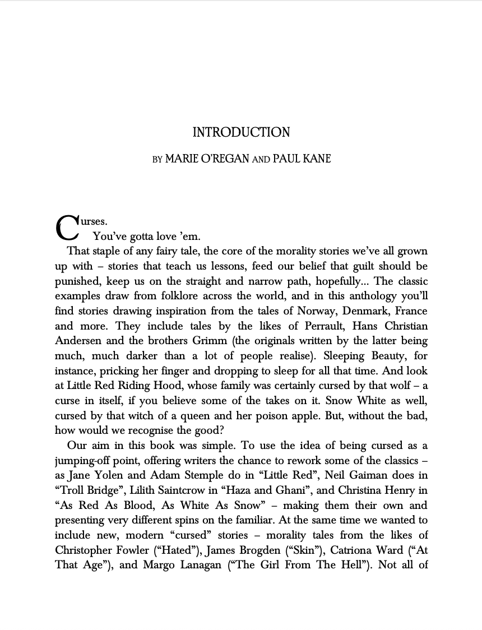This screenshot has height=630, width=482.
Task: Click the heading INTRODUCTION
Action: click(241, 133)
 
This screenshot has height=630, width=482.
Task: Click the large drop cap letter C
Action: click(66, 227)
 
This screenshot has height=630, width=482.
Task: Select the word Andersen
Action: click(78, 341)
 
